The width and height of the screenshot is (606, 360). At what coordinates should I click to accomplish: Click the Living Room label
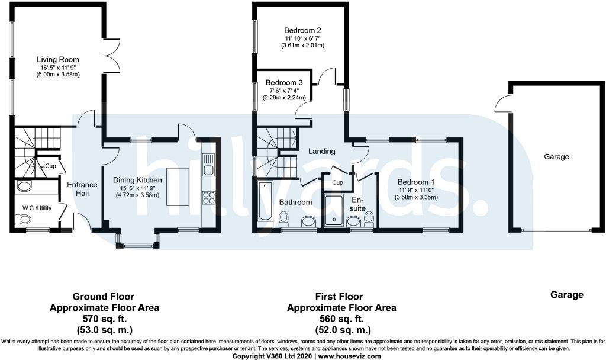58,59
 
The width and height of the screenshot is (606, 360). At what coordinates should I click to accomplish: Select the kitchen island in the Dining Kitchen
178,187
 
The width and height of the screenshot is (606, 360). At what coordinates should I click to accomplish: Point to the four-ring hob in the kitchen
208,197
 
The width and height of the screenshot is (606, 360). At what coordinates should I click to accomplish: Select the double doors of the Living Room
112,57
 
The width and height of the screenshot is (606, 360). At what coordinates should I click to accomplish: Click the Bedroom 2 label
302,30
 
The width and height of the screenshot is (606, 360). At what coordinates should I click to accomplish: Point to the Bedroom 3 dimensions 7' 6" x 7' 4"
284,90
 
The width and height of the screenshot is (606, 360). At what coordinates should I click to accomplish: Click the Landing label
322,151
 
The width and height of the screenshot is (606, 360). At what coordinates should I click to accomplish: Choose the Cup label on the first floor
337,182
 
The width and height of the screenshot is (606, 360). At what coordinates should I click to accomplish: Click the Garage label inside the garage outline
556,157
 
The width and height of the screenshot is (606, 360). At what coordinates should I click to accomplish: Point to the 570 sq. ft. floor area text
104,319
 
